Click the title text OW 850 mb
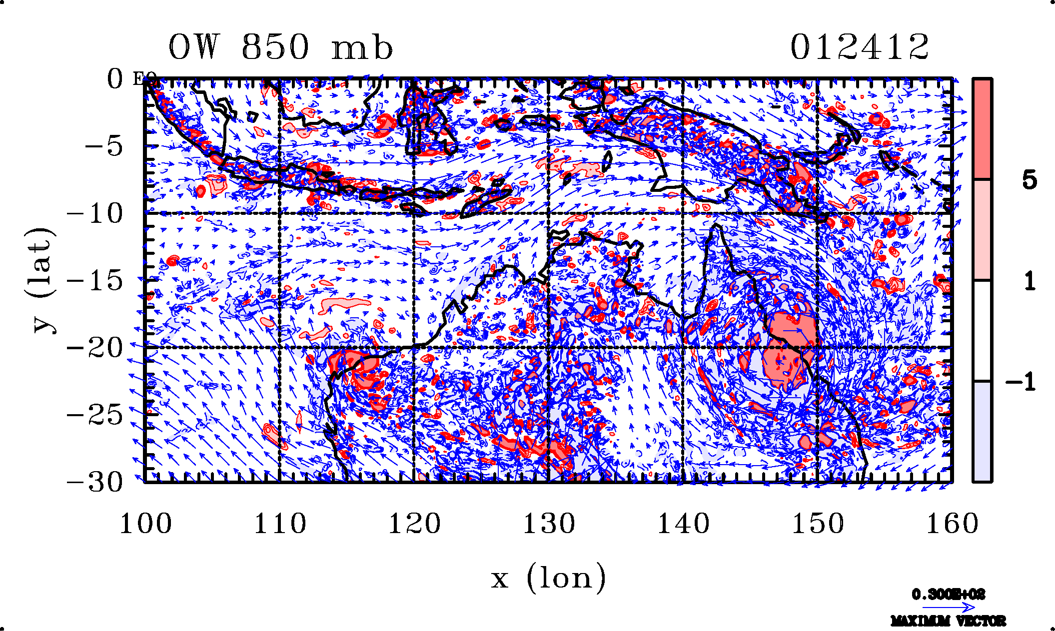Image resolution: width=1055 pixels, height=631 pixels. click(x=280, y=48)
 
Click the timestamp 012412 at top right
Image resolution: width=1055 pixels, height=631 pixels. click(x=859, y=48)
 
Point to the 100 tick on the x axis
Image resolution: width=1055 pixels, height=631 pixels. click(x=145, y=524)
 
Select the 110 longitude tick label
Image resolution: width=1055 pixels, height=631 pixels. click(x=280, y=524)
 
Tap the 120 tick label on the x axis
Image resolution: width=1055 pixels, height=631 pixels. click(x=414, y=524)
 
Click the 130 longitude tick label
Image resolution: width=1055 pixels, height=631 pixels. click(x=549, y=524)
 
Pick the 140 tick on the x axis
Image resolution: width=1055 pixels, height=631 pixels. click(x=683, y=524)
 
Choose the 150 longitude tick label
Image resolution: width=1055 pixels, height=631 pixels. click(x=818, y=524)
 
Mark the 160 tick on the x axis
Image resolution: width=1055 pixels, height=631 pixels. click(x=952, y=524)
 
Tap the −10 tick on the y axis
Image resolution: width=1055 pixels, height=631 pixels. click(x=95, y=214)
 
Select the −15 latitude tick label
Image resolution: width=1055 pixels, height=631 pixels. click(x=95, y=281)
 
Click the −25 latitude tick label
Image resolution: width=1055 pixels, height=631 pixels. click(x=95, y=415)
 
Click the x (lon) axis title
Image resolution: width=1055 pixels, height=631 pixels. click(x=548, y=579)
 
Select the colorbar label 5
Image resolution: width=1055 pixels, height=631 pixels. click(x=1029, y=180)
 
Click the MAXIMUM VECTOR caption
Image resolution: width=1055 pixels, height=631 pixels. click(x=948, y=621)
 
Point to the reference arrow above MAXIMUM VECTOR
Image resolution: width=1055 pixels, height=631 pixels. click(x=948, y=608)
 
